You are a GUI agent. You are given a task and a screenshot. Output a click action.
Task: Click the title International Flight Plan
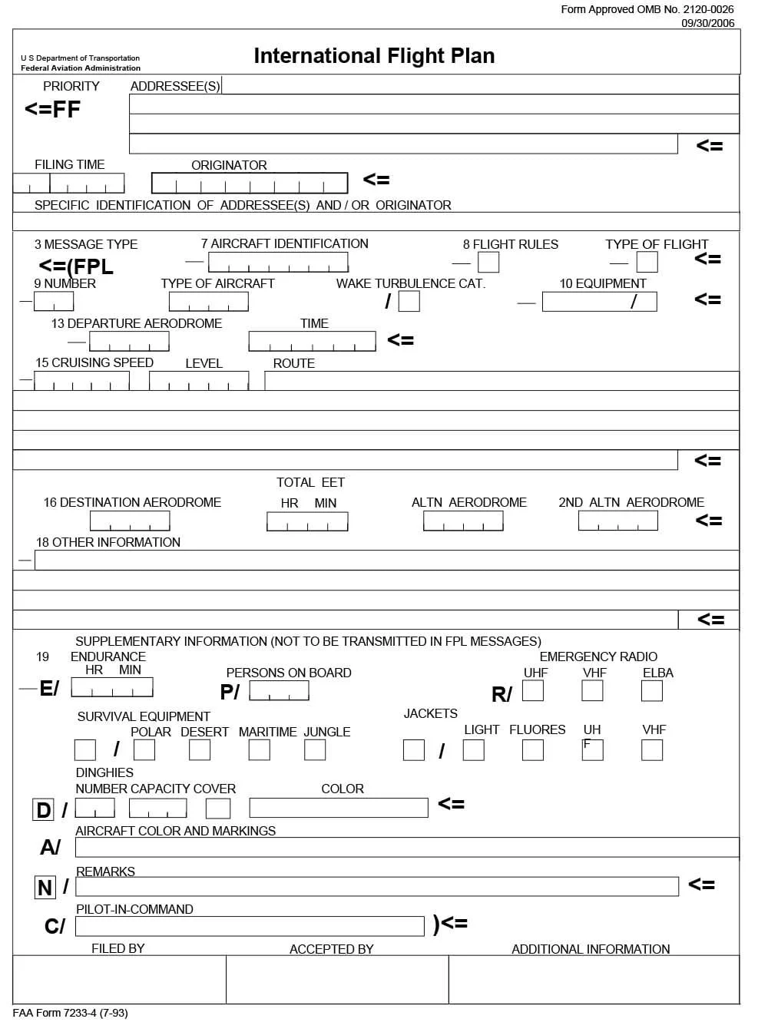(x=374, y=56)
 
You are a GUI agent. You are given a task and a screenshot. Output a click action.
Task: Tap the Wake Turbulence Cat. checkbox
(x=409, y=301)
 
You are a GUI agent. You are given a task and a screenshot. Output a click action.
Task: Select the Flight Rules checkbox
(x=488, y=263)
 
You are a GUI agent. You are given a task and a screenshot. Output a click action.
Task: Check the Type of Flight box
(x=647, y=263)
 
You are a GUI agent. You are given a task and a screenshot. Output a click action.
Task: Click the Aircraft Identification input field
(x=278, y=263)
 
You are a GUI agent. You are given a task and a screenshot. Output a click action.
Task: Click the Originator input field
(x=250, y=183)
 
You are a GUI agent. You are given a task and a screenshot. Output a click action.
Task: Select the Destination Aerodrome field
(x=130, y=521)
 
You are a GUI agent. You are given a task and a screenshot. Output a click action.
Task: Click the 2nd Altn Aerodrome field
(x=618, y=521)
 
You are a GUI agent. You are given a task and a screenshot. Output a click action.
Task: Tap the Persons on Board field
(x=280, y=691)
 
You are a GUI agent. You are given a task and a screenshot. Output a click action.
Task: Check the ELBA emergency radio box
(x=652, y=691)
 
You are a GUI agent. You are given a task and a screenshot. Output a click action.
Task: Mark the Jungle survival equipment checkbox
(x=315, y=750)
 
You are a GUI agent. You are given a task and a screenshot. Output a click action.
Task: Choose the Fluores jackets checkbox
(x=533, y=750)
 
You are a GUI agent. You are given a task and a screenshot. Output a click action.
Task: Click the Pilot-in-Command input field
(x=250, y=926)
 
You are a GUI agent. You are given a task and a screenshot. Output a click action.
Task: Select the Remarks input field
(x=377, y=887)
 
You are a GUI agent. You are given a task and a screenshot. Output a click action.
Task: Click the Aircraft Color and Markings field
(x=407, y=848)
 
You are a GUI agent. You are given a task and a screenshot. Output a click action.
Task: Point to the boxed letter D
(x=43, y=810)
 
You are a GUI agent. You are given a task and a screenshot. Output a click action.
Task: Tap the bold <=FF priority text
(x=52, y=110)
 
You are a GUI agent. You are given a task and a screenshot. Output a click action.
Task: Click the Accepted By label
(x=331, y=949)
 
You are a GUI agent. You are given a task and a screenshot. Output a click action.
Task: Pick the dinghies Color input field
(x=339, y=808)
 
